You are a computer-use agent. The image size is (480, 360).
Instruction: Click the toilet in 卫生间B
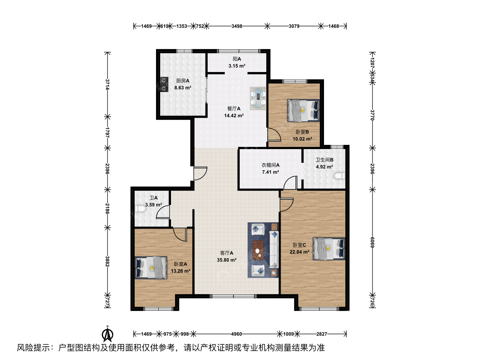pyautogui.click(x=340, y=176)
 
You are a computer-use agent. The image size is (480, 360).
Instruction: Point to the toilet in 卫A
pyautogui.click(x=140, y=209)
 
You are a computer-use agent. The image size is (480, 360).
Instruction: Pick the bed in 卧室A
pyautogui.click(x=151, y=268)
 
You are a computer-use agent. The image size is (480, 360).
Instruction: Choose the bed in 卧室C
pyautogui.click(x=329, y=249)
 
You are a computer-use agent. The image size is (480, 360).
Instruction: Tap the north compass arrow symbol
pyautogui.click(x=107, y=334)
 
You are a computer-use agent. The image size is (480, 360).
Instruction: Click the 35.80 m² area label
pyautogui.click(x=227, y=260)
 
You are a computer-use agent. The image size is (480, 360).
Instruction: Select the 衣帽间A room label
pyautogui.click(x=271, y=165)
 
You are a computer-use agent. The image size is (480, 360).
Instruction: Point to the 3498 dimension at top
pyautogui.click(x=237, y=26)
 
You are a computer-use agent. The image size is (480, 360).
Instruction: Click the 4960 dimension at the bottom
pyautogui.click(x=237, y=334)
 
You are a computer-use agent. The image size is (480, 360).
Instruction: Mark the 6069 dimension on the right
pyautogui.click(x=372, y=242)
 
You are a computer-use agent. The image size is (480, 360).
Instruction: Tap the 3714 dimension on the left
pyautogui.click(x=107, y=84)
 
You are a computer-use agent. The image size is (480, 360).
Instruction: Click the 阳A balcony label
pyautogui.click(x=237, y=59)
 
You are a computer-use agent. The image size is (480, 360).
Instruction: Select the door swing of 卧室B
pyautogui.click(x=274, y=135)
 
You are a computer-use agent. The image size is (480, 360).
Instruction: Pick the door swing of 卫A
pyautogui.click(x=163, y=212)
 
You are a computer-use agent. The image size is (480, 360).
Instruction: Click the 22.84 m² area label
pyautogui.click(x=299, y=252)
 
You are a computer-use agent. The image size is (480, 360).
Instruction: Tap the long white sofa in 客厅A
pyautogui.click(x=274, y=249)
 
